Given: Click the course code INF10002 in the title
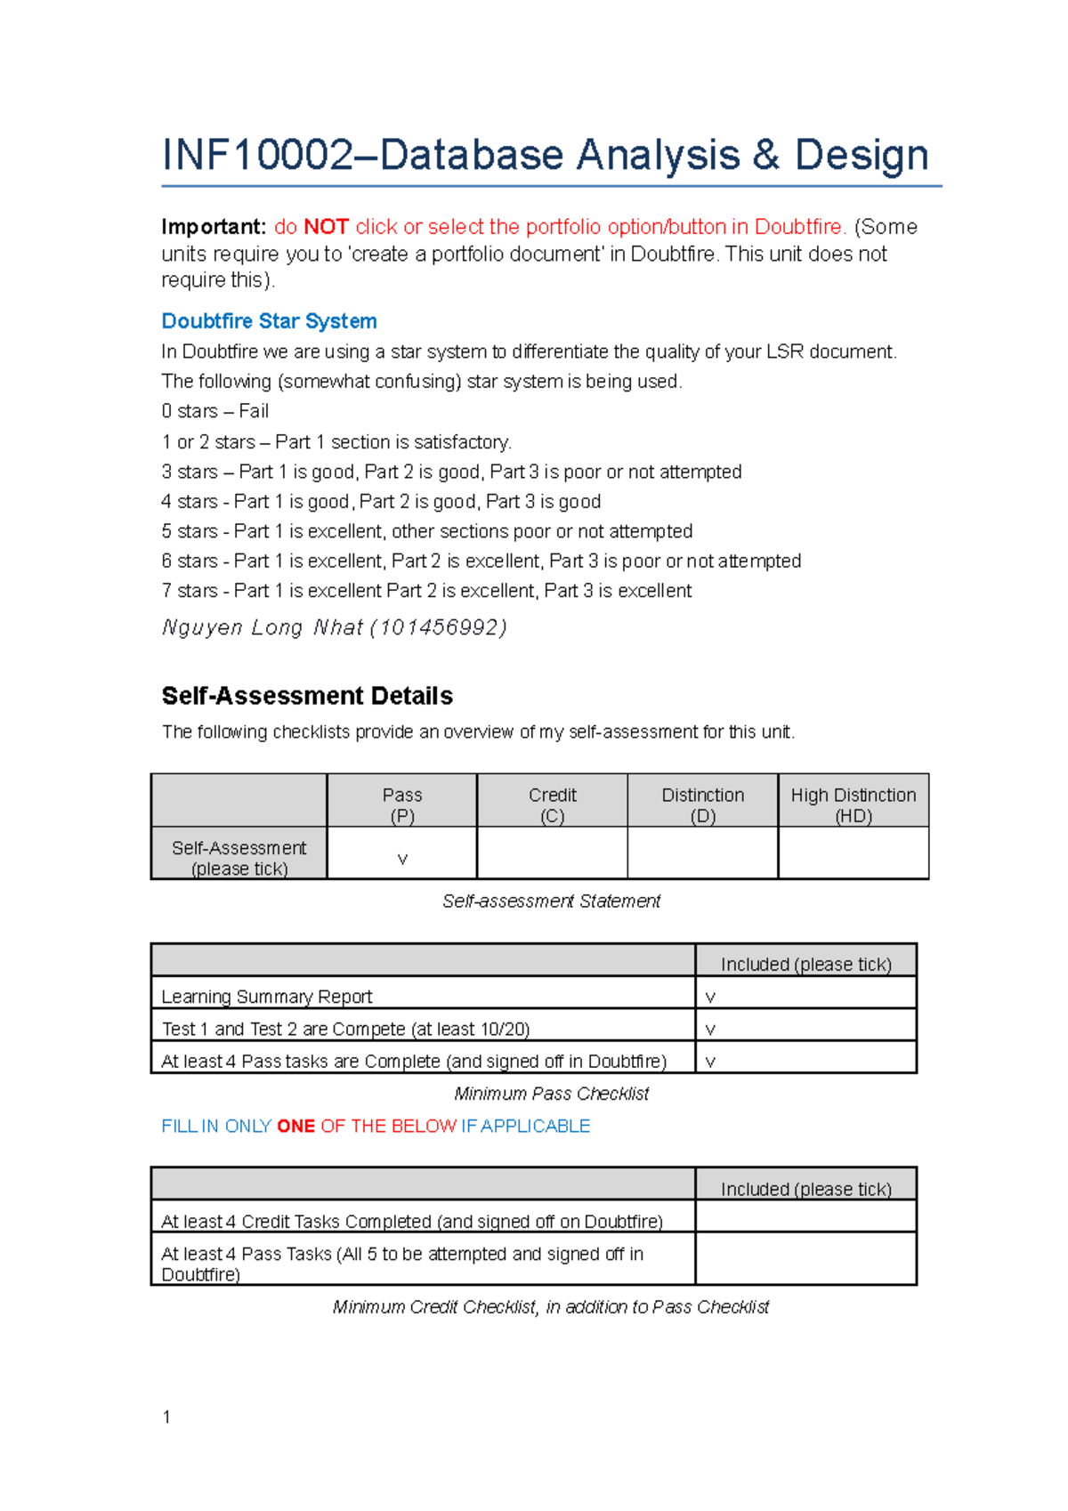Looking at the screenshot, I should pyautogui.click(x=258, y=155).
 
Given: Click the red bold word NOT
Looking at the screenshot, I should pyautogui.click(x=326, y=227).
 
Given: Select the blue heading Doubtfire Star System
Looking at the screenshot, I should pyautogui.click(x=269, y=321).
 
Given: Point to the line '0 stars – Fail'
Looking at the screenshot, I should pyautogui.click(x=214, y=411).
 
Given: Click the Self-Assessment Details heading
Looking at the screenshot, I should pyautogui.click(x=307, y=696).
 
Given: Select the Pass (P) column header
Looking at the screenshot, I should pyautogui.click(x=402, y=804).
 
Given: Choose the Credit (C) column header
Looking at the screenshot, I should pyautogui.click(x=552, y=804).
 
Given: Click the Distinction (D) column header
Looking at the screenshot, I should pyautogui.click(x=702, y=804).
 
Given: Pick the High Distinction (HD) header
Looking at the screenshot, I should pyautogui.click(x=853, y=804).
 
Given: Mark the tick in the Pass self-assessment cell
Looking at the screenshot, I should pyautogui.click(x=402, y=859).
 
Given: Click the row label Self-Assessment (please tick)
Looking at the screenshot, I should pyautogui.click(x=239, y=858).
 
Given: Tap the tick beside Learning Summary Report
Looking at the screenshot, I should pyautogui.click(x=710, y=998).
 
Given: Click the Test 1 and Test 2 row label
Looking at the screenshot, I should pyautogui.click(x=345, y=1030).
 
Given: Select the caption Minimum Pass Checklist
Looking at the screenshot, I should pyautogui.click(x=551, y=1094).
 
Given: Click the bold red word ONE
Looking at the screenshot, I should pyautogui.click(x=295, y=1127).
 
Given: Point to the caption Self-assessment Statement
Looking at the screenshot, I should pyautogui.click(x=551, y=901).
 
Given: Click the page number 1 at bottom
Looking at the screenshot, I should pyautogui.click(x=166, y=1417).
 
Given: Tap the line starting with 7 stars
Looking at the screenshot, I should pyautogui.click(x=425, y=591).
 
